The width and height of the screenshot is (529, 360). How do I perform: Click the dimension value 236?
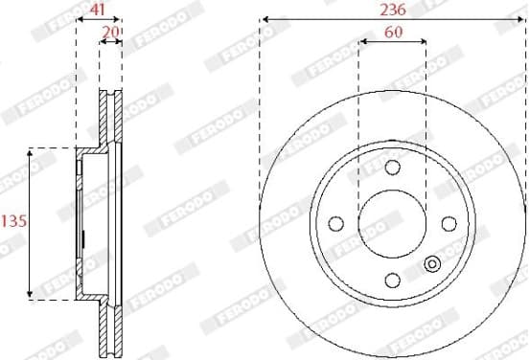[393, 11]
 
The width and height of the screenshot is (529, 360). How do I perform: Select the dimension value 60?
[393, 32]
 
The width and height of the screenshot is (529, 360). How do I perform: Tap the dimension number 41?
[98, 10]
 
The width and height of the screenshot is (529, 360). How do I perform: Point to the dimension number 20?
[110, 32]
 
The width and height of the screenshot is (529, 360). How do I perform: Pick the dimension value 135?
[14, 221]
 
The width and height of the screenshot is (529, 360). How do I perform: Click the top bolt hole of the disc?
[393, 168]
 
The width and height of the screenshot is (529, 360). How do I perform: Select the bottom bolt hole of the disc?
[393, 281]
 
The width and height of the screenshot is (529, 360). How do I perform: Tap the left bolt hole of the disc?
[336, 223]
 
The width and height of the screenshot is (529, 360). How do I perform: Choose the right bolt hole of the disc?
[449, 223]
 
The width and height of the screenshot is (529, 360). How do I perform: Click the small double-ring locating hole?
[432, 264]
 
